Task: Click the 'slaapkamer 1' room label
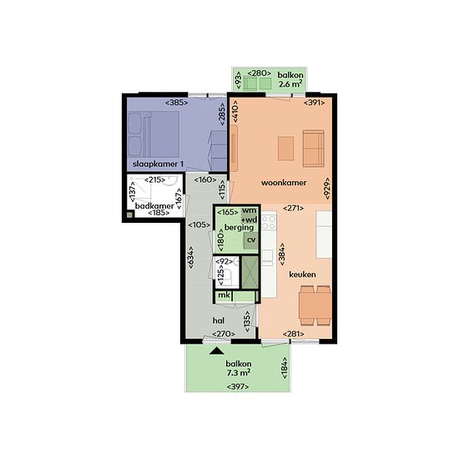click(158, 164)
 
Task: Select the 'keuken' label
click(302, 275)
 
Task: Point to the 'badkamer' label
click(154, 206)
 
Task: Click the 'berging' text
click(239, 228)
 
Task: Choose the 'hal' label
click(219, 320)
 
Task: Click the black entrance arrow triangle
click(217, 351)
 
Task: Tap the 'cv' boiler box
click(251, 240)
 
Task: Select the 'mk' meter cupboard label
click(224, 295)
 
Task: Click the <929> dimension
click(327, 189)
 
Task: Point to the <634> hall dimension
click(190, 258)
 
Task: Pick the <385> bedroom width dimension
click(177, 103)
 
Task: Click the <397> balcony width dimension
click(238, 386)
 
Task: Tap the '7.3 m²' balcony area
click(239, 373)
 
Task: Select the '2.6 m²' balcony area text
click(290, 84)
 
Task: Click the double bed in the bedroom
click(154, 134)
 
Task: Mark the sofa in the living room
click(313, 149)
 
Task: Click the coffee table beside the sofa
click(285, 149)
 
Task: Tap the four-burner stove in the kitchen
click(269, 222)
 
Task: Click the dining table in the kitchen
click(315, 306)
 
